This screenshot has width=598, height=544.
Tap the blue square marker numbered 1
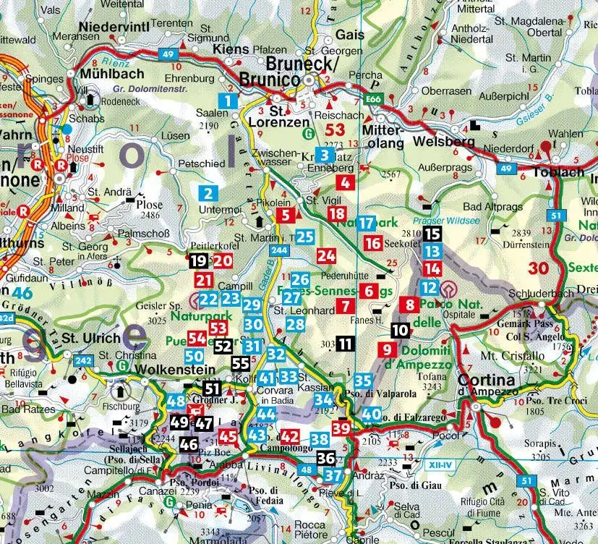click(228, 101)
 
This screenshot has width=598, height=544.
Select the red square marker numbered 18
click(336, 213)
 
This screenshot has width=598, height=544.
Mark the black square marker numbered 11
click(346, 344)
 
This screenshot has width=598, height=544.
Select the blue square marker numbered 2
click(208, 193)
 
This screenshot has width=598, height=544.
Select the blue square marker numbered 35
click(363, 381)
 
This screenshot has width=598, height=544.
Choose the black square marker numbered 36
click(325, 458)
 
